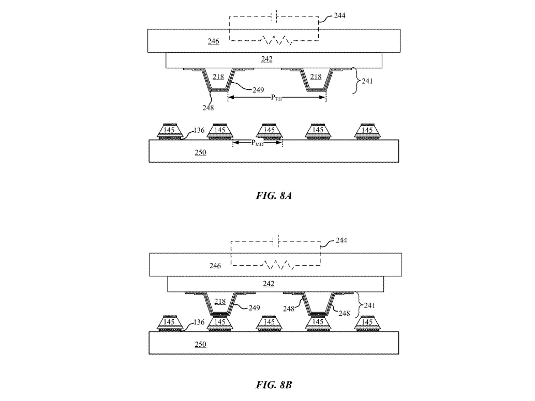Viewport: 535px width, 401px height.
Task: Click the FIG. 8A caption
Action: [274, 195]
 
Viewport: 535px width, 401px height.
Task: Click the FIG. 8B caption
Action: [274, 385]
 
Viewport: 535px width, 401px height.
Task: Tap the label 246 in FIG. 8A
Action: [213, 41]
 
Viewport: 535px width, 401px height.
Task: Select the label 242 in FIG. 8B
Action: [269, 284]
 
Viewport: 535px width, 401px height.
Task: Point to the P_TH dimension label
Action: [276, 98]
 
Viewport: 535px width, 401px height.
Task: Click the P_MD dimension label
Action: [257, 143]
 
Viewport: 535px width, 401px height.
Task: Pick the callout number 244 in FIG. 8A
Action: [339, 16]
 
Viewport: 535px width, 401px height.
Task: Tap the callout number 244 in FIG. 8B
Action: [341, 240]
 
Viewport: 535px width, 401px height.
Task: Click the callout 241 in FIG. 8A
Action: [367, 81]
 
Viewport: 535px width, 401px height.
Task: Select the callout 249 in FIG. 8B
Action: [254, 307]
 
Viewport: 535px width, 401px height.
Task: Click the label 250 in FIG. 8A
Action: [200, 152]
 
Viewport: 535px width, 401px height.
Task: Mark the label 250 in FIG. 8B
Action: [200, 345]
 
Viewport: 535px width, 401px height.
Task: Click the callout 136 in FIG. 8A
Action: [199, 130]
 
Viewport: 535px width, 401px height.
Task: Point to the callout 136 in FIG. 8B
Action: [199, 322]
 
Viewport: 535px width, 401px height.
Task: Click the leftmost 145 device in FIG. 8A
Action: [169, 132]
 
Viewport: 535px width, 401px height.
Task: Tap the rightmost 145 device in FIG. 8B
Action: [367, 323]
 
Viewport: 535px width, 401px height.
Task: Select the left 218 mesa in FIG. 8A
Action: [218, 80]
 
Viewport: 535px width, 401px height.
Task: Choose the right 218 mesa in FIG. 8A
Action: [316, 80]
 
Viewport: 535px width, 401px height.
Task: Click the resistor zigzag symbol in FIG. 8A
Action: [277, 40]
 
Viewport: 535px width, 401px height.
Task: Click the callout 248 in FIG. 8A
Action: [208, 107]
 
